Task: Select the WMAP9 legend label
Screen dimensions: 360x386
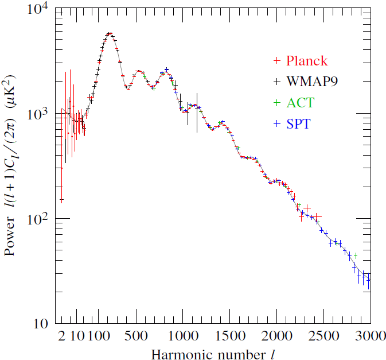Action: coord(312,82)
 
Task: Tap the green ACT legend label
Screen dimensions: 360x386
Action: coord(301,103)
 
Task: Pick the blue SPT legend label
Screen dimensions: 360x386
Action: coord(298,123)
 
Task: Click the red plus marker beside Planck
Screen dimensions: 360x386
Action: coord(277,61)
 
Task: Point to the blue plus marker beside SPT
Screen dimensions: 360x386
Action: coord(277,123)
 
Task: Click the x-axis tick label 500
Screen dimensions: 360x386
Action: coord(137,336)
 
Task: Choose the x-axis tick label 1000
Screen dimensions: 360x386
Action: coord(183,336)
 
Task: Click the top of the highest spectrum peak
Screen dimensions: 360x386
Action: coord(110,34)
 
